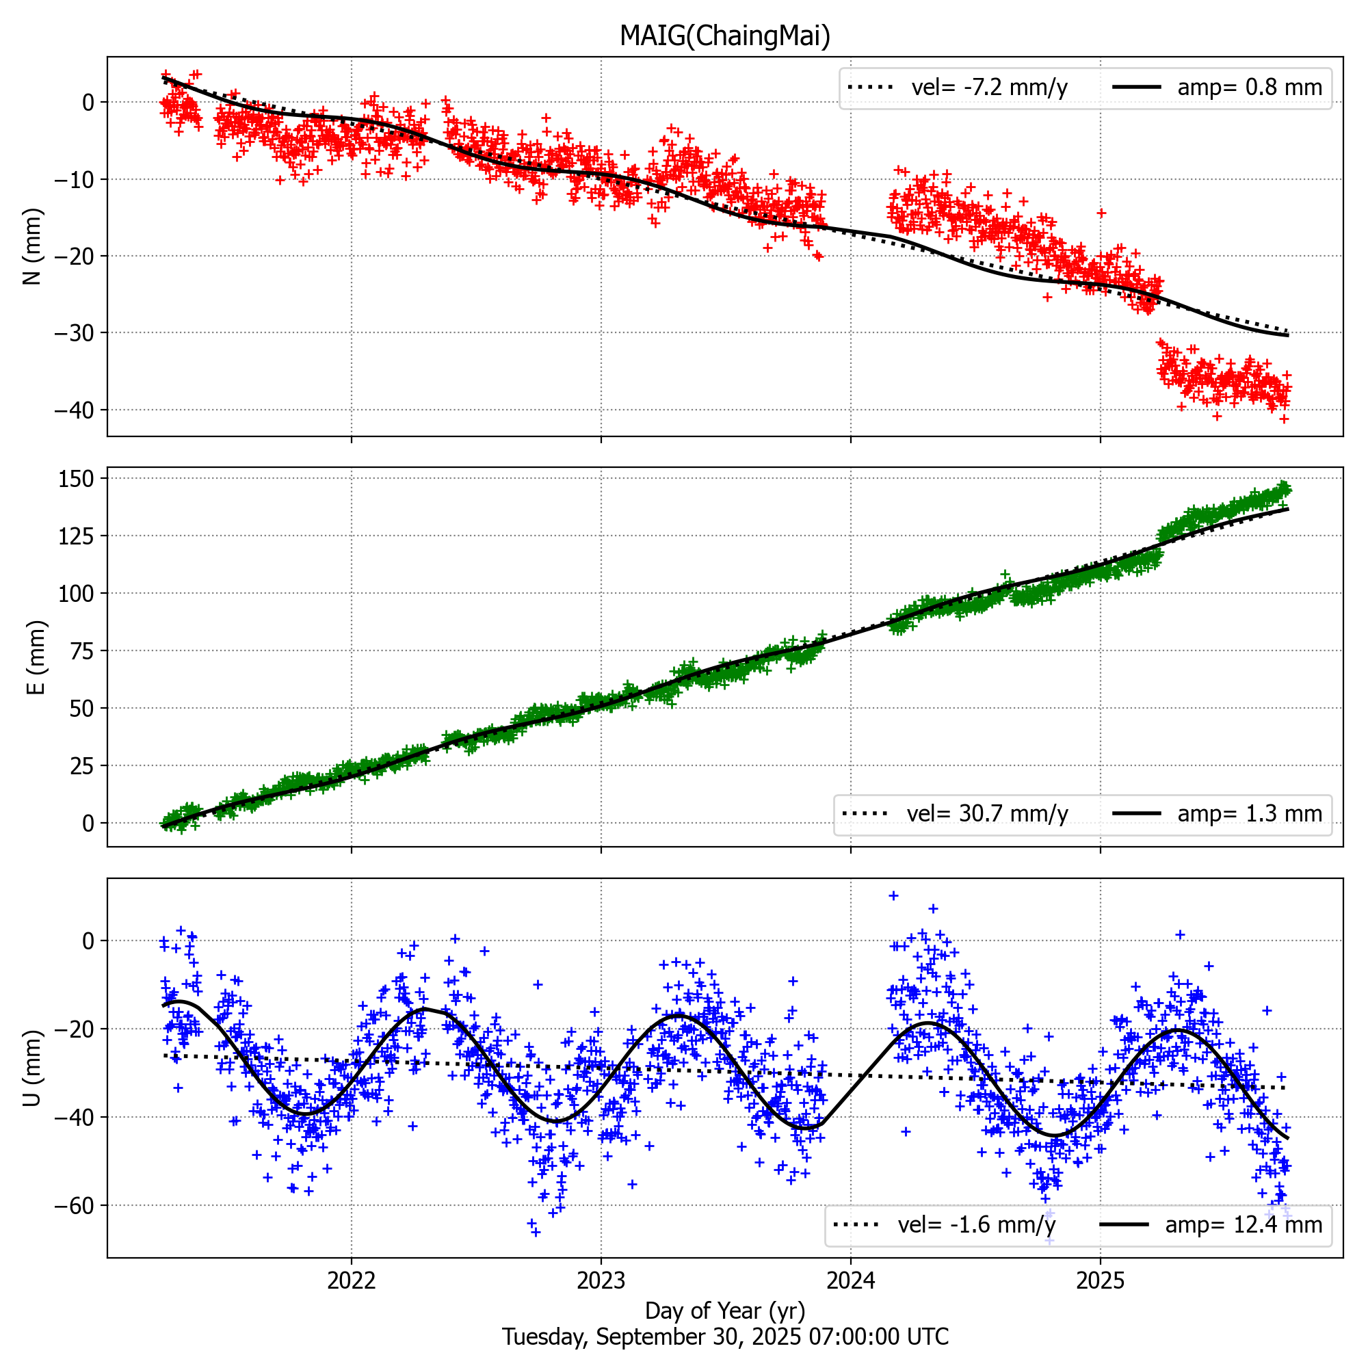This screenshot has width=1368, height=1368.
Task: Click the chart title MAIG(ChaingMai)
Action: click(x=724, y=36)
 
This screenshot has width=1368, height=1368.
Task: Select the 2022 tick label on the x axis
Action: click(x=351, y=1280)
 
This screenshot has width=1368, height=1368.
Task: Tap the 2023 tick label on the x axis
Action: click(x=601, y=1280)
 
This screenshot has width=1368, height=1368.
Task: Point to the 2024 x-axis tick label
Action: click(x=850, y=1280)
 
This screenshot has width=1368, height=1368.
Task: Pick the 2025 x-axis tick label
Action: click(x=1100, y=1280)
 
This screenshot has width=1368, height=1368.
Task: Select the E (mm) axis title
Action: click(x=36, y=657)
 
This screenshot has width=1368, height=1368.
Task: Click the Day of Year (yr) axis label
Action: click(x=724, y=1310)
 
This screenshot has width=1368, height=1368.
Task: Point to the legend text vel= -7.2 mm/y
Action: click(x=989, y=87)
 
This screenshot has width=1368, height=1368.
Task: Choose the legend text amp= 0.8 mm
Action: click(x=1250, y=87)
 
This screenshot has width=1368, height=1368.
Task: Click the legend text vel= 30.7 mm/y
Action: click(x=987, y=813)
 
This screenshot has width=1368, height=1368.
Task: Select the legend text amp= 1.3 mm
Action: click(x=1250, y=813)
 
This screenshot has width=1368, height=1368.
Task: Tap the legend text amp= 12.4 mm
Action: click(x=1244, y=1224)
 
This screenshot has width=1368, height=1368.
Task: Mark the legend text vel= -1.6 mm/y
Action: click(x=977, y=1224)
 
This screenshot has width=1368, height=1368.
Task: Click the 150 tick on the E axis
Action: click(x=77, y=479)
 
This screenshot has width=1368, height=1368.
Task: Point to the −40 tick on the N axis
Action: click(x=74, y=410)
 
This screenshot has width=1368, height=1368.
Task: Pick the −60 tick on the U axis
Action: click(x=74, y=1206)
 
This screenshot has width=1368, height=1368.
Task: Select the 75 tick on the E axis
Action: click(x=82, y=650)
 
